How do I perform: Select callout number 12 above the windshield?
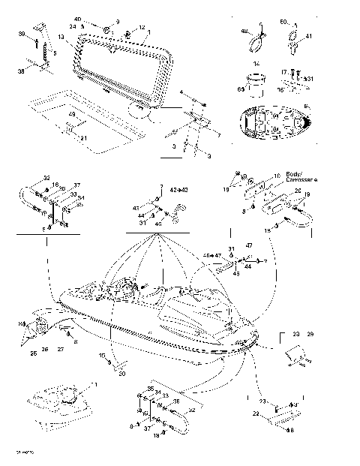click(142, 27)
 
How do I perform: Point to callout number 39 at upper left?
click(21, 34)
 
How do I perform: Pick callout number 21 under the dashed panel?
click(83, 138)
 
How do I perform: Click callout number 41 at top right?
click(309, 36)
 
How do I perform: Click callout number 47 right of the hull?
click(249, 245)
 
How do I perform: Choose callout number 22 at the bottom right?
click(255, 413)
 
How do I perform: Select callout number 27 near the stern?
click(61, 350)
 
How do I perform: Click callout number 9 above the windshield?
click(117, 21)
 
